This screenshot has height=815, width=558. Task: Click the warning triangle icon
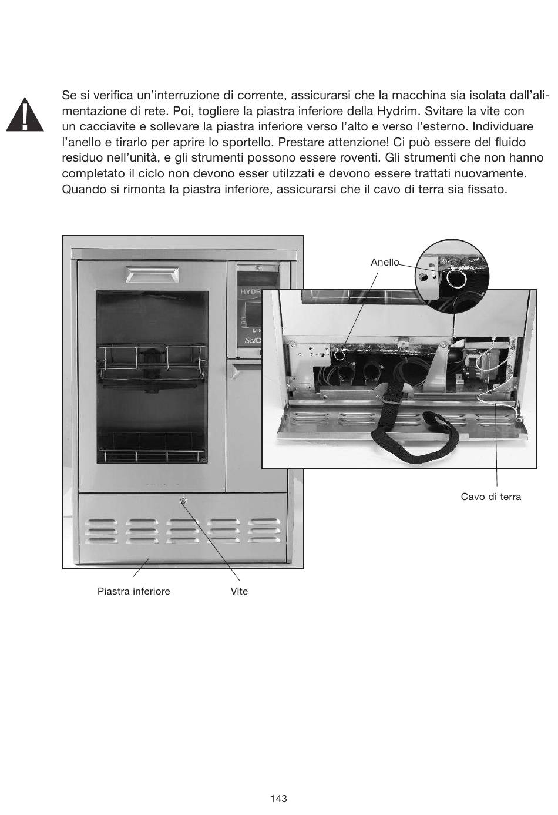[x=24, y=115]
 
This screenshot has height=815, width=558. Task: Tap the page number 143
[x=278, y=799]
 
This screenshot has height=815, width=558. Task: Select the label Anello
[x=385, y=263]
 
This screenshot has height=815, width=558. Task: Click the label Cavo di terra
[x=490, y=497]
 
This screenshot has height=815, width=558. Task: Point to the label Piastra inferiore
[x=133, y=592]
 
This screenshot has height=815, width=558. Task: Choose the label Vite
[x=239, y=592]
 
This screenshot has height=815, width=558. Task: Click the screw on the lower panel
[x=183, y=501]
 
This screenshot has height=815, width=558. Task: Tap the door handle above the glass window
[x=152, y=274]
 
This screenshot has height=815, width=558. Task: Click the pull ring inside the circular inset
[x=455, y=277]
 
